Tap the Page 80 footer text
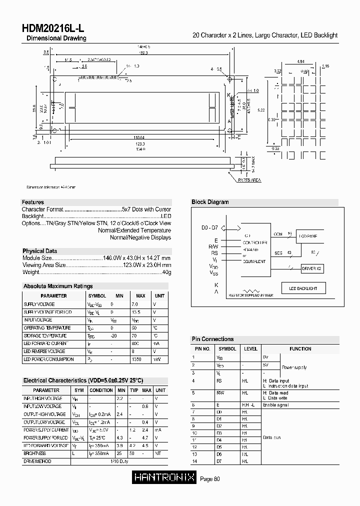point(210,478)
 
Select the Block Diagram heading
point(210,202)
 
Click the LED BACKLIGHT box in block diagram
point(300,288)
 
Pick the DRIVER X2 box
point(312,268)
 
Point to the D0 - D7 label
point(209,227)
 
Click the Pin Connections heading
point(212,339)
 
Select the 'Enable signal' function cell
point(275,405)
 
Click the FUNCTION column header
point(300,349)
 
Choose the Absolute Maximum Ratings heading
point(58,286)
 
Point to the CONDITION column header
point(101,390)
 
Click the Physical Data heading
point(39,251)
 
